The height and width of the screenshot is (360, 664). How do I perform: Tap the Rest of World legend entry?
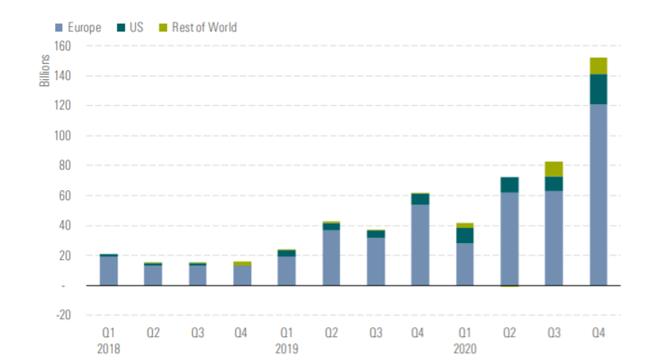coord(197,28)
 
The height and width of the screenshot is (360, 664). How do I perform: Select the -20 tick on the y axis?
coord(62,315)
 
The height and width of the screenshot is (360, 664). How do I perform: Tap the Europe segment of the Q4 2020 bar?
coord(598,194)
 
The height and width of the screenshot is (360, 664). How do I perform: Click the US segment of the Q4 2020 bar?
coord(598,89)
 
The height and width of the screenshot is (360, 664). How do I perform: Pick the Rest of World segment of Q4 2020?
coord(598,66)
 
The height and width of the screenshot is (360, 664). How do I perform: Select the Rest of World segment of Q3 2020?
coord(554,169)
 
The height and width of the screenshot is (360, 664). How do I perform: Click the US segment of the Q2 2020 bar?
coord(509,185)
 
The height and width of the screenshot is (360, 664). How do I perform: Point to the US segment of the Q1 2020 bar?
coord(465,236)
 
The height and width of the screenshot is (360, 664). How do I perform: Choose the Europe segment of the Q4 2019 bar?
coord(420,244)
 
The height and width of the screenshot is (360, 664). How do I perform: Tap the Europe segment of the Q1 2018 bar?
coord(109,271)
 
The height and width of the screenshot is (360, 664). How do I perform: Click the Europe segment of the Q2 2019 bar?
coord(332,257)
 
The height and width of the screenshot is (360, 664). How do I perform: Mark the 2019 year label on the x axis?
coord(287,348)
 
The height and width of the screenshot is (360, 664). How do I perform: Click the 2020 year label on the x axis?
coord(465,348)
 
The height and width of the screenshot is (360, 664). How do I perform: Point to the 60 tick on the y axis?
coord(64,195)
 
